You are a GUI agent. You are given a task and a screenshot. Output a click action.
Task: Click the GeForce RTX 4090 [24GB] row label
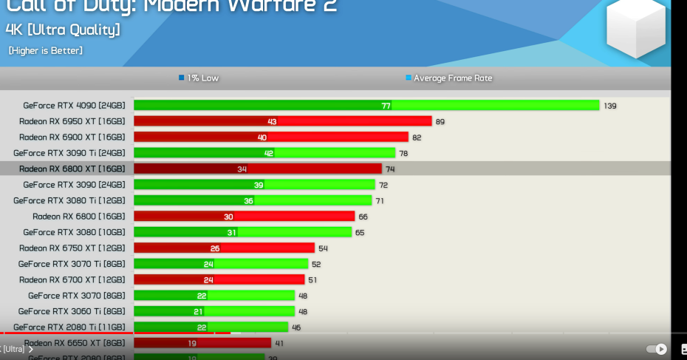[74, 105]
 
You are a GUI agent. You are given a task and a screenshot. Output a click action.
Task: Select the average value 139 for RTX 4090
[609, 106]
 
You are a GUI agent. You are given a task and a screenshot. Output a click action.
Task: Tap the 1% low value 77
[386, 106]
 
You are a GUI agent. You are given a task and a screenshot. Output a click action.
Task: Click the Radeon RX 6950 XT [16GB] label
[72, 121]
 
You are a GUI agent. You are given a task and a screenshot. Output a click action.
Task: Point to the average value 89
[440, 121]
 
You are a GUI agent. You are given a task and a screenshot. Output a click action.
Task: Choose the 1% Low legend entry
[199, 78]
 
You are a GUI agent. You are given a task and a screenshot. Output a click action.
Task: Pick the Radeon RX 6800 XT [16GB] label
[72, 169]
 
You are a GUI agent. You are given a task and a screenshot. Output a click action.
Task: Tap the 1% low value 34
[242, 169]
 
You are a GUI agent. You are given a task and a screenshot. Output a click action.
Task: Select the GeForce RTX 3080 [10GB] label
[74, 232]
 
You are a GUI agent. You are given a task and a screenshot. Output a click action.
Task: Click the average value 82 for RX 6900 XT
[417, 137]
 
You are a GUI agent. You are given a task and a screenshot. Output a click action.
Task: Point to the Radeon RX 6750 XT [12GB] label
[72, 248]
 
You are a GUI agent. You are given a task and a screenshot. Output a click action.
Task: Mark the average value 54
[323, 248]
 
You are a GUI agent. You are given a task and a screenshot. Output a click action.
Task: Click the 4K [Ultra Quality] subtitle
[62, 30]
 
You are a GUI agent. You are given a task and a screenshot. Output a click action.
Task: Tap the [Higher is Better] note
[46, 50]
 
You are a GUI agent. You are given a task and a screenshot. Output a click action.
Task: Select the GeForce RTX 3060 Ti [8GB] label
[72, 311]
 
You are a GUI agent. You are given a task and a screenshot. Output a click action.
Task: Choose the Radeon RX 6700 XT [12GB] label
[72, 279]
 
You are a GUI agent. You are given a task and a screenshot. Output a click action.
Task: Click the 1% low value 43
[272, 121]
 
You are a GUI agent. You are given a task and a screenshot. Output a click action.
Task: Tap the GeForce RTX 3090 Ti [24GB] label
[69, 153]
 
